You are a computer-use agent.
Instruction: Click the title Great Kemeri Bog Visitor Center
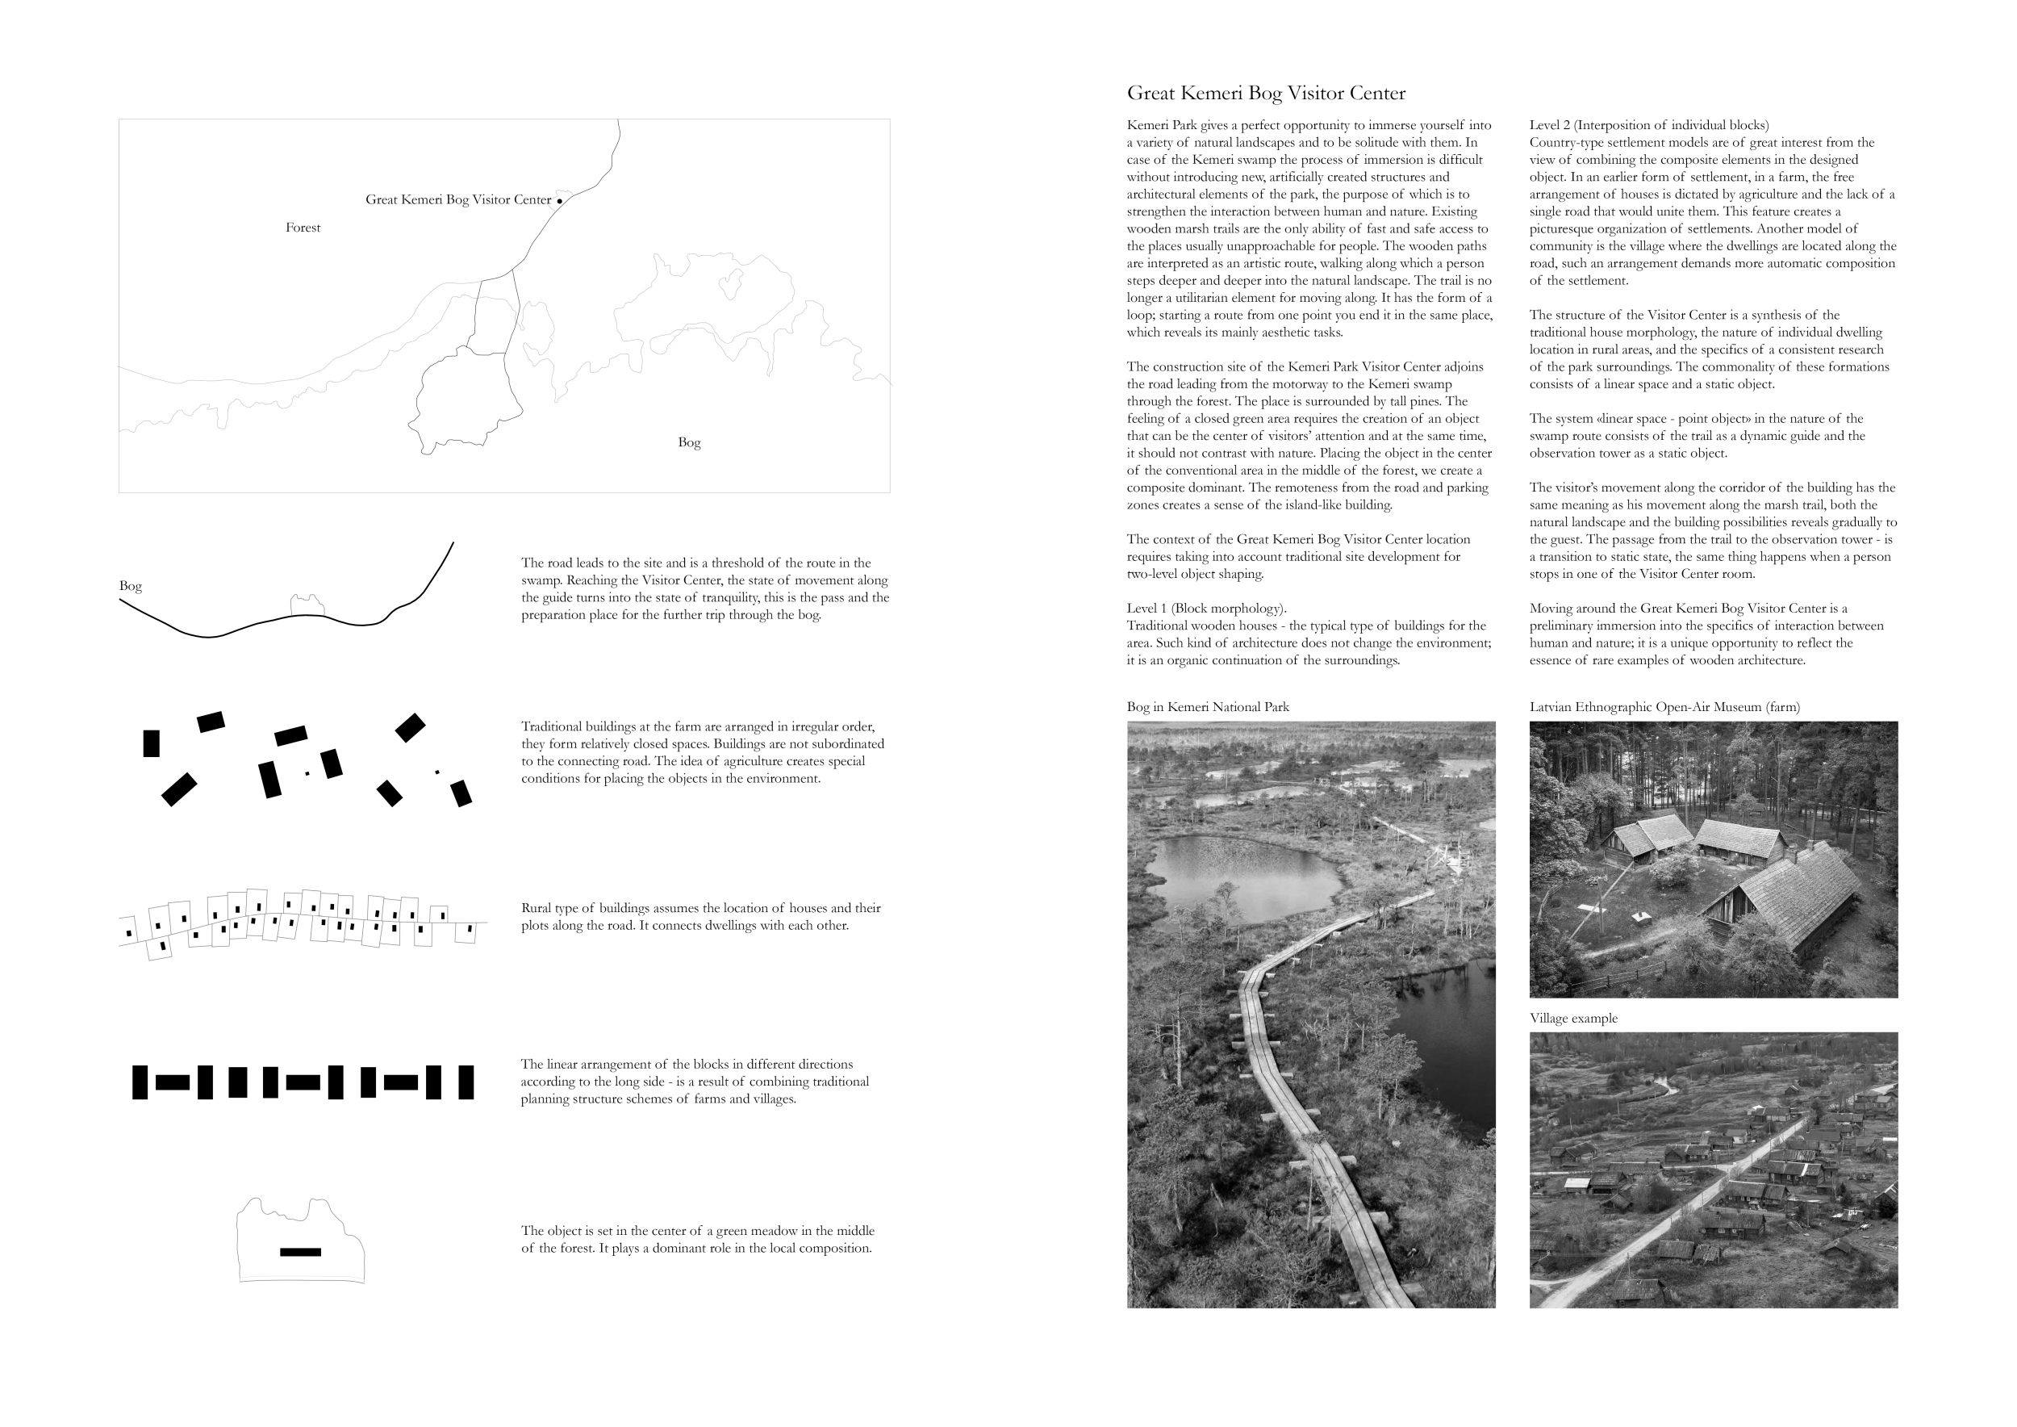[x=1265, y=93]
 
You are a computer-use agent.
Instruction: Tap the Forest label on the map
[x=303, y=228]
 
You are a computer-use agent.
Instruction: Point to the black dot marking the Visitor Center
[x=560, y=201]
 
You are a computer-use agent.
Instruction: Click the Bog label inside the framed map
[x=689, y=442]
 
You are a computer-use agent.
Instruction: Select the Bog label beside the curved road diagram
[x=130, y=585]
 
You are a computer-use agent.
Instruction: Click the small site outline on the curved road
[x=307, y=605]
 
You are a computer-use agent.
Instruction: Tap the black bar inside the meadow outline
[x=300, y=1251]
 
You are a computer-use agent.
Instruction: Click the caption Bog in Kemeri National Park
[x=1207, y=706]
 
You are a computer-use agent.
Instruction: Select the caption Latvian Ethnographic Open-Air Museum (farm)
[x=1664, y=706]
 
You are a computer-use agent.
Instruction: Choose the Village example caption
[x=1572, y=1018]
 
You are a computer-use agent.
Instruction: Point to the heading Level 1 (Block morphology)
[x=1206, y=608]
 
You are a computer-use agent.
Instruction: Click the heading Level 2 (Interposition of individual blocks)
[x=1648, y=125]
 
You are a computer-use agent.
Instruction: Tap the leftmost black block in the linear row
[x=140, y=1082]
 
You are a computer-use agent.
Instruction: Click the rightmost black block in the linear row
[x=466, y=1082]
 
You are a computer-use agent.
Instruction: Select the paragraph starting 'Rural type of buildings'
[x=700, y=916]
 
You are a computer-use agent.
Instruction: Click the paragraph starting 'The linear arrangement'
[x=694, y=1081]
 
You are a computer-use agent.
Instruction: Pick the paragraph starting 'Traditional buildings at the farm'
[x=702, y=752]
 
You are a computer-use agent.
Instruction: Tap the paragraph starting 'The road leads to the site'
[x=704, y=588]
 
